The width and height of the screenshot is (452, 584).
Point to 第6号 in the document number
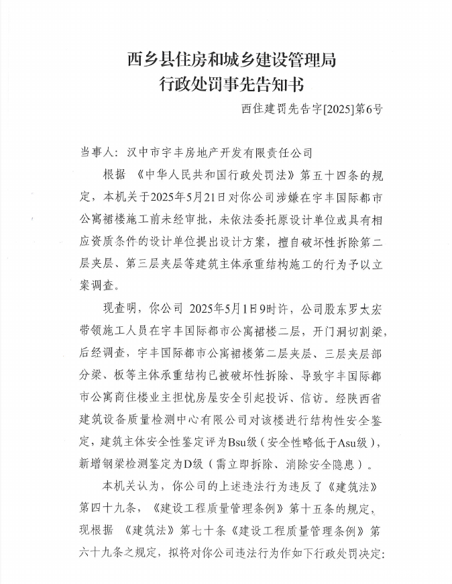368,107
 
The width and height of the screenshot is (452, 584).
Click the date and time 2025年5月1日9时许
239,309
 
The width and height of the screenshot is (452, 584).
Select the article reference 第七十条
205,530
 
